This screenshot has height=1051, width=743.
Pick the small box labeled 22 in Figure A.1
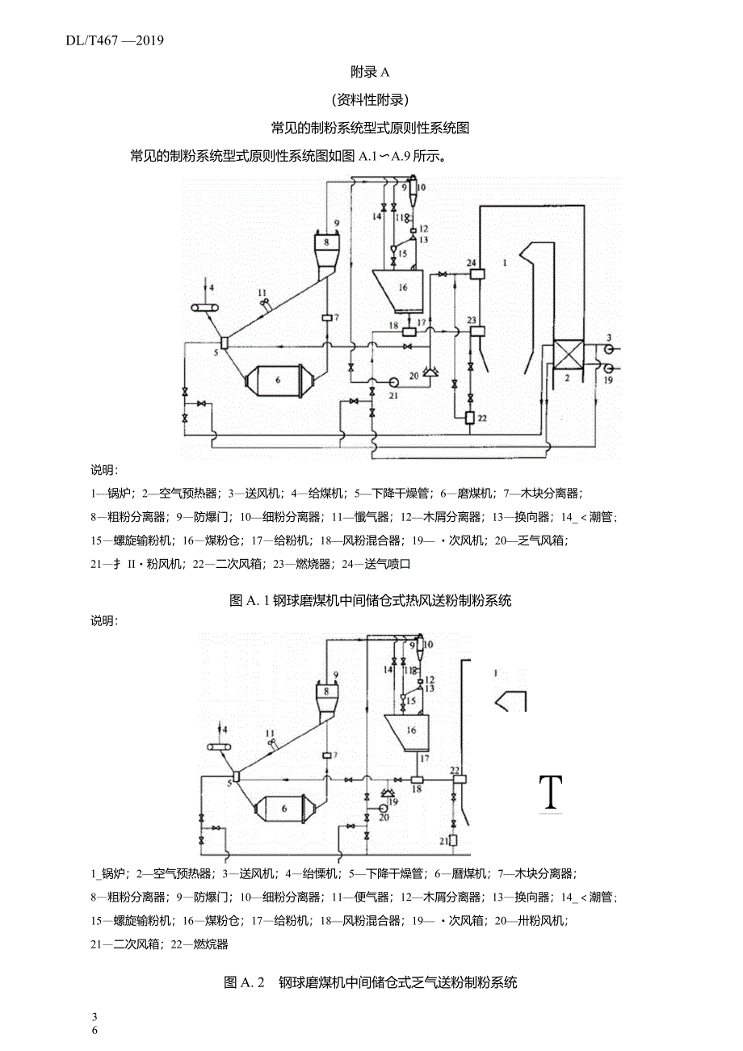click(471, 418)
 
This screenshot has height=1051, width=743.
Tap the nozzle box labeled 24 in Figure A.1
click(473, 274)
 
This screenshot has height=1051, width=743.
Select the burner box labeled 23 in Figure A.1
click(473, 331)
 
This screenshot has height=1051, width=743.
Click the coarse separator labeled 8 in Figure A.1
click(326, 242)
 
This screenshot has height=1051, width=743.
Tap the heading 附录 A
click(371, 72)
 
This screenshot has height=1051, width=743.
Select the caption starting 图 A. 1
click(371, 600)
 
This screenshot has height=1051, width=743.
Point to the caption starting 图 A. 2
click(371, 982)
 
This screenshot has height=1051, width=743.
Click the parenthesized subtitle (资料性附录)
click(371, 100)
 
